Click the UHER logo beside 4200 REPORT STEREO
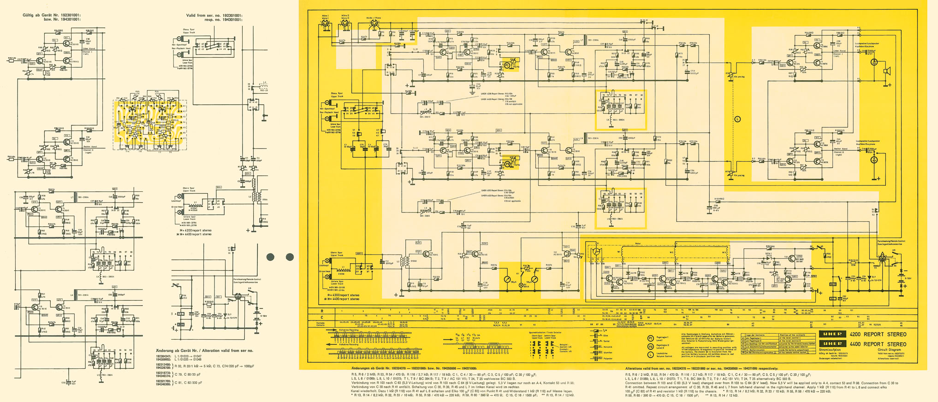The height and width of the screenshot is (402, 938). (832, 334)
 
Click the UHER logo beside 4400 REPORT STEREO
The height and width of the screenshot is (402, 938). (832, 344)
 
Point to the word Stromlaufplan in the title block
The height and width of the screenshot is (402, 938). (829, 350)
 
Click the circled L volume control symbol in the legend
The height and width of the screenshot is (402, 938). (651, 355)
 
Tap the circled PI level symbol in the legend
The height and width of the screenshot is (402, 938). (651, 338)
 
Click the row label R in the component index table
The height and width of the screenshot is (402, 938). (322, 311)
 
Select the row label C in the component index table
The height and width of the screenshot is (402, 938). (322, 317)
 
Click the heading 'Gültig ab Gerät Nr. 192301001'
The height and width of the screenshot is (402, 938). (52, 15)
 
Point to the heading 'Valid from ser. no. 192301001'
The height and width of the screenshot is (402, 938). (214, 15)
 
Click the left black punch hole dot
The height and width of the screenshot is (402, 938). (271, 257)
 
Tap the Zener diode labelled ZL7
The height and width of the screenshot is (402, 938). (869, 278)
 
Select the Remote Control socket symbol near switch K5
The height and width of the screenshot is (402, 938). (882, 259)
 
